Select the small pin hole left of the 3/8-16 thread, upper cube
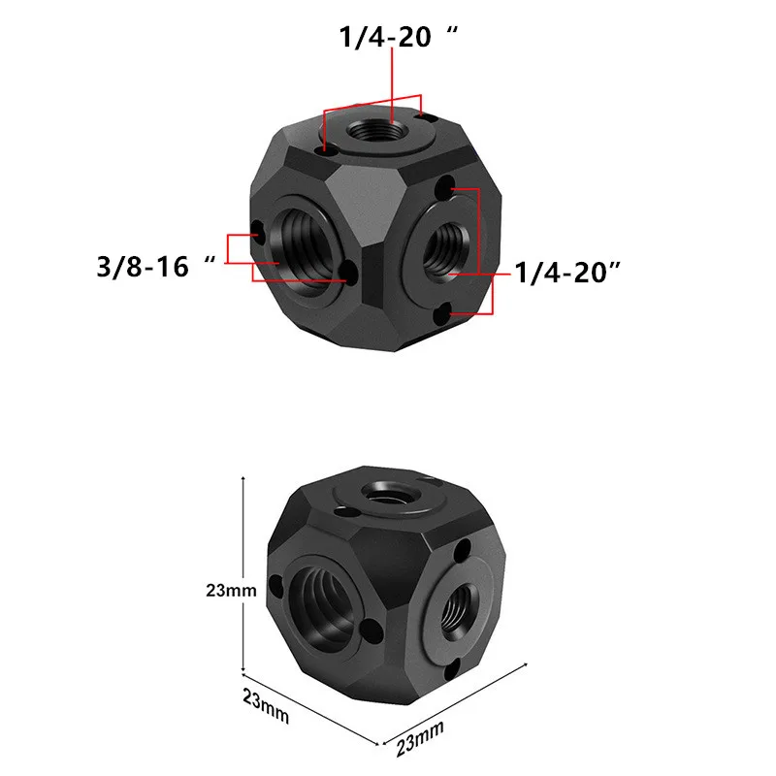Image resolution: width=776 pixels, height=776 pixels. tap(255, 233)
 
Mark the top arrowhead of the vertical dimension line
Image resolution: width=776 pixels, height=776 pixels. tap(241, 480)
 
